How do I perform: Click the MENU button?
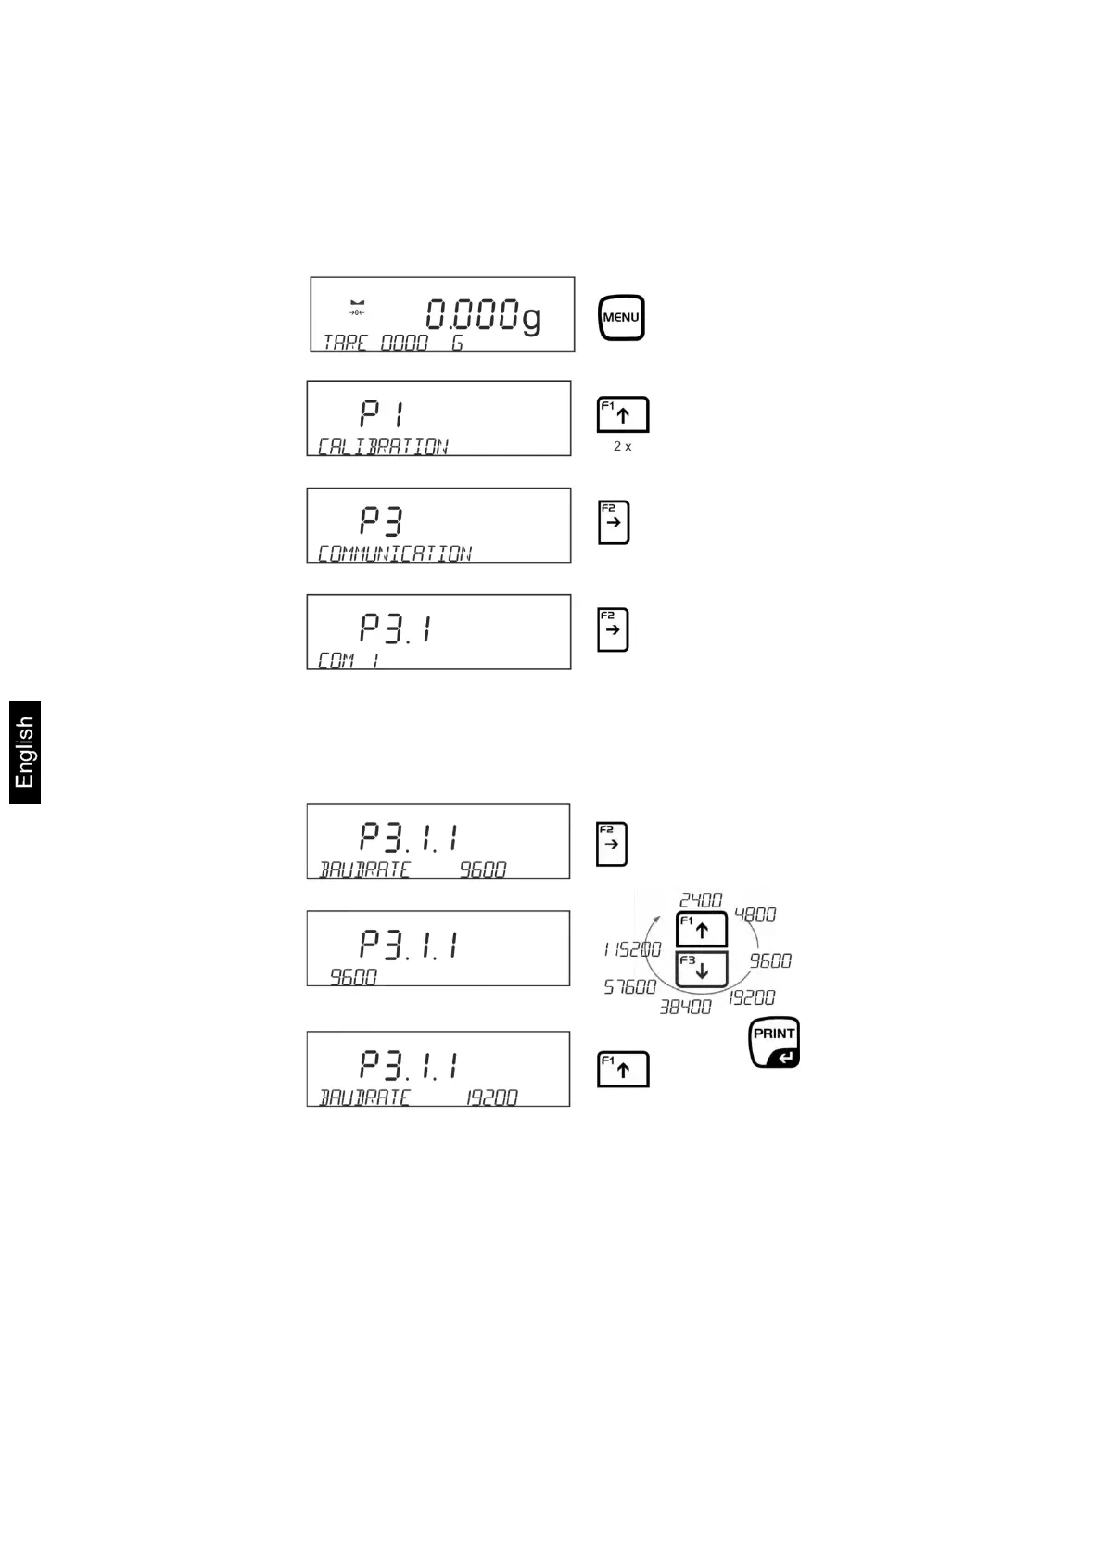pyautogui.click(x=621, y=318)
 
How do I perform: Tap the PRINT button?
pyautogui.click(x=774, y=1043)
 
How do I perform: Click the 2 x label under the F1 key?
pyautogui.click(x=622, y=447)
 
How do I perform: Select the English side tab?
pyautogui.click(x=25, y=752)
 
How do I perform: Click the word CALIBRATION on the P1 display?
pyautogui.click(x=383, y=447)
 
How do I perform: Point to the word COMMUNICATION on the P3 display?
pyautogui.click(x=395, y=553)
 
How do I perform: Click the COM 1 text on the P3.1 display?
pyautogui.click(x=349, y=660)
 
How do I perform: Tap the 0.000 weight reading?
pyautogui.click(x=472, y=315)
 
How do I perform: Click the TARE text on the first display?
pyautogui.click(x=345, y=343)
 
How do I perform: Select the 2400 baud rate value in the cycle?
pyautogui.click(x=701, y=900)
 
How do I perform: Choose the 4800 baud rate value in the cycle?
pyautogui.click(x=755, y=915)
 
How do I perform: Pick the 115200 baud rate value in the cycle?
pyautogui.click(x=632, y=949)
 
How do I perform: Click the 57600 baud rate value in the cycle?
pyautogui.click(x=630, y=987)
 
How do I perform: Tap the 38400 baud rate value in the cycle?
pyautogui.click(x=686, y=1007)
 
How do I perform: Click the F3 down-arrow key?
pyautogui.click(x=702, y=970)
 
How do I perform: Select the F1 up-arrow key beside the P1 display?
pyautogui.click(x=622, y=414)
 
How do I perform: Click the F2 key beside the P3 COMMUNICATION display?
pyautogui.click(x=614, y=522)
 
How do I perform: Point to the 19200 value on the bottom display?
pyautogui.click(x=492, y=1098)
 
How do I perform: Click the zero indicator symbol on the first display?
pyautogui.click(x=357, y=308)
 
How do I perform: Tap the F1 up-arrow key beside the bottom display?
pyautogui.click(x=622, y=1069)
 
